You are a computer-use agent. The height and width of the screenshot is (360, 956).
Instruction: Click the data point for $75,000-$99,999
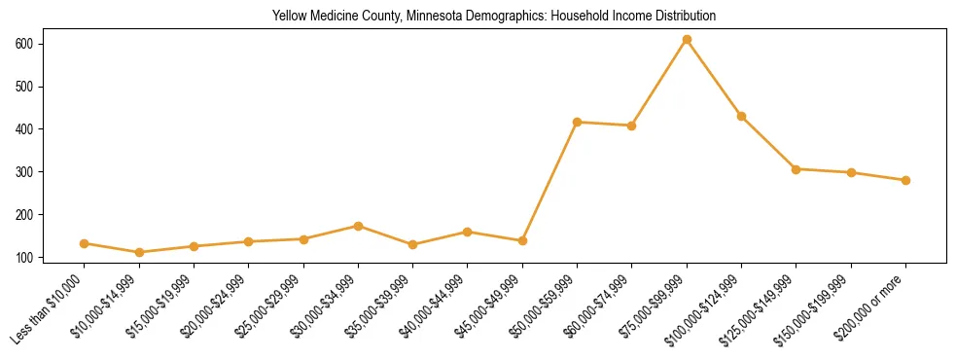pyautogui.click(x=687, y=40)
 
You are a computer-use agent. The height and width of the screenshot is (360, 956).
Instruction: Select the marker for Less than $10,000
pyautogui.click(x=85, y=243)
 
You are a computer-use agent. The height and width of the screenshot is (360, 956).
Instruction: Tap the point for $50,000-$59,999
pyautogui.click(x=578, y=122)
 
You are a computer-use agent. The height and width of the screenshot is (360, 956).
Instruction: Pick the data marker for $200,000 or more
pyautogui.click(x=905, y=180)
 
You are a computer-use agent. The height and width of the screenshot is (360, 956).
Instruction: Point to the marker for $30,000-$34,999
pyautogui.click(x=359, y=226)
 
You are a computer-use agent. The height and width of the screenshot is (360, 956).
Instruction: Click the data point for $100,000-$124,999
pyautogui.click(x=741, y=116)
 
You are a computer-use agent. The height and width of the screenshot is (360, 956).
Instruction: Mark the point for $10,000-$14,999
pyautogui.click(x=140, y=252)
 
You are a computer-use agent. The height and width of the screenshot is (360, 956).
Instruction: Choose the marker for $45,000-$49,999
pyautogui.click(x=522, y=240)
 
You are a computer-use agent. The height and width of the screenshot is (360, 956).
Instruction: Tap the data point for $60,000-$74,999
pyautogui.click(x=632, y=126)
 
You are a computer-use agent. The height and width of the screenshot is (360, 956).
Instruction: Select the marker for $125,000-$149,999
pyautogui.click(x=797, y=169)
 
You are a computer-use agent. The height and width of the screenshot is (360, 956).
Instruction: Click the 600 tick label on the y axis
pyautogui.click(x=52, y=44)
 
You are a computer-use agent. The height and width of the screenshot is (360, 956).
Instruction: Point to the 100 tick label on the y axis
pyautogui.click(x=52, y=258)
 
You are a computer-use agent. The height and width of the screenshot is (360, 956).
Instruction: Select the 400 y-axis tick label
pyautogui.click(x=52, y=129)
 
